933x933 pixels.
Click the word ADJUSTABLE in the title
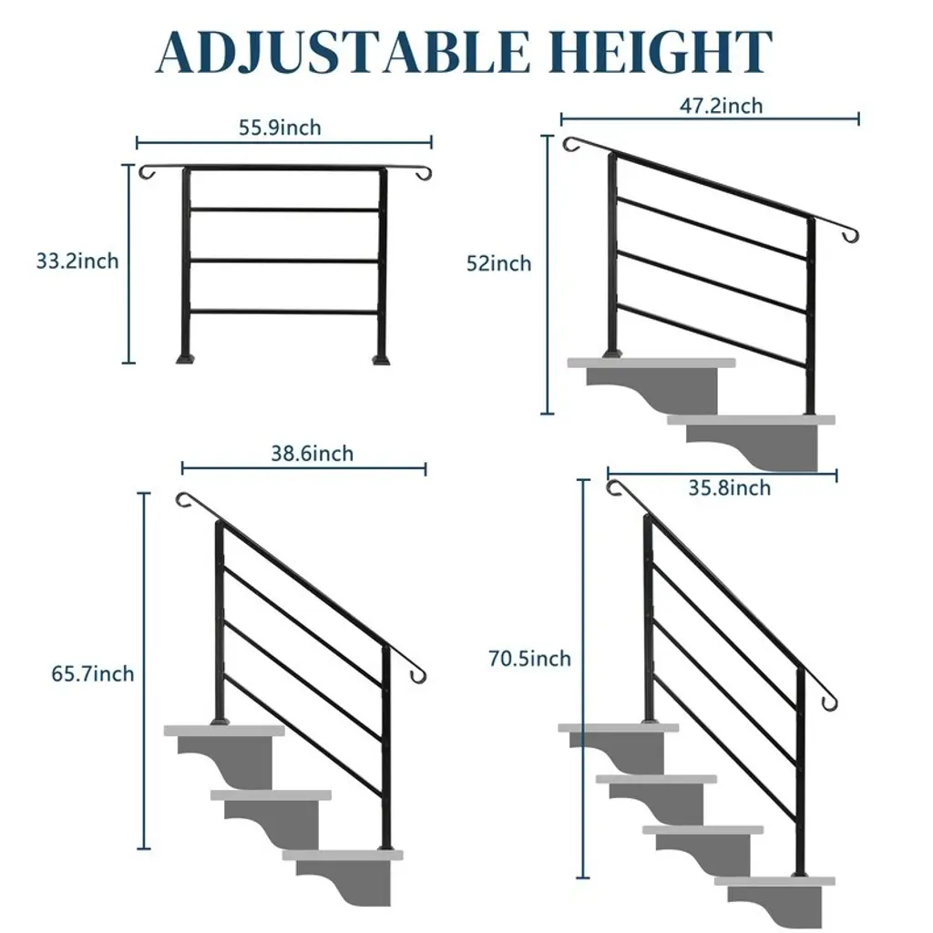[343, 52]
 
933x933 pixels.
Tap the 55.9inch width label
[280, 128]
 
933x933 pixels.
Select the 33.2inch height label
[77, 261]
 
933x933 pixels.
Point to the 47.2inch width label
[722, 106]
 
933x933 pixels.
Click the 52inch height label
[498, 263]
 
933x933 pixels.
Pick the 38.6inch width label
[313, 454]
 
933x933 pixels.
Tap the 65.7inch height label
[93, 674]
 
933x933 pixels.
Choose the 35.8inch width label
[730, 488]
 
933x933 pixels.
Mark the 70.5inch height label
[529, 659]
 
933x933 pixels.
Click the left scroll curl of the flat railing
[147, 172]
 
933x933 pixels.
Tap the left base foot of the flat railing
[185, 359]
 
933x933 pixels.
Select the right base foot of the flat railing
[381, 359]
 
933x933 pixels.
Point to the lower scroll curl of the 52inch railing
[851, 236]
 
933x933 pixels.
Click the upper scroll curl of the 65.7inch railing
[184, 500]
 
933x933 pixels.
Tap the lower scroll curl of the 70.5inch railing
[829, 702]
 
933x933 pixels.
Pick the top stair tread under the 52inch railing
[651, 363]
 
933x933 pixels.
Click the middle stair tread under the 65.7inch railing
[271, 795]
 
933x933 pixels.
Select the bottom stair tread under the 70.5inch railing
[774, 881]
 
